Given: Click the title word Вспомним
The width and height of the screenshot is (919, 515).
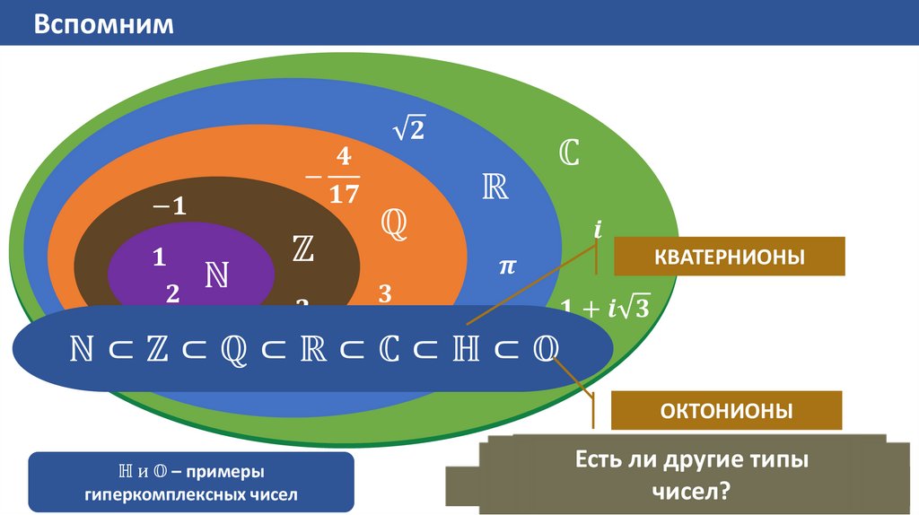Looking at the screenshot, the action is tap(103, 23).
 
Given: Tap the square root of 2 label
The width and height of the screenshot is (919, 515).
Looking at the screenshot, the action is tap(408, 130).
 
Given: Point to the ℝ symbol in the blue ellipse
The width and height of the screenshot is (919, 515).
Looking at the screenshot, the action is tap(495, 188).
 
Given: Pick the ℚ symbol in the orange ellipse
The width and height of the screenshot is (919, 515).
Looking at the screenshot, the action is tap(394, 223).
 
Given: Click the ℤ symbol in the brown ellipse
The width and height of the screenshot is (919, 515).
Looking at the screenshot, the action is tap(302, 249).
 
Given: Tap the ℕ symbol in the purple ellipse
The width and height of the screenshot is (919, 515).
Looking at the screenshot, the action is tap(215, 275).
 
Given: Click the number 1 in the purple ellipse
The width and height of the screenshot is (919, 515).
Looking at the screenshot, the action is tap(159, 258).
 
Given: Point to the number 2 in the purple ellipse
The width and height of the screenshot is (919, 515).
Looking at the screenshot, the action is tap(172, 292).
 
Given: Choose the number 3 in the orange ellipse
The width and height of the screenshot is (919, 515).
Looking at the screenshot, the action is tap(385, 293).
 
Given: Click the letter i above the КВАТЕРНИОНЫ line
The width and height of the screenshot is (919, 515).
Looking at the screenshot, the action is tap(597, 230).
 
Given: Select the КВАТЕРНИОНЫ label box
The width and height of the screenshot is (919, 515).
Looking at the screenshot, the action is tap(729, 257).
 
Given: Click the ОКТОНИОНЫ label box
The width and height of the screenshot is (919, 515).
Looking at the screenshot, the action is tap(726, 411).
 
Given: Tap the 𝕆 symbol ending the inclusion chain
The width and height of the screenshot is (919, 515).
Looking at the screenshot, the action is tap(544, 350).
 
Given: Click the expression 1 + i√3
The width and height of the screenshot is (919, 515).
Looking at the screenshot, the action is tap(603, 308).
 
